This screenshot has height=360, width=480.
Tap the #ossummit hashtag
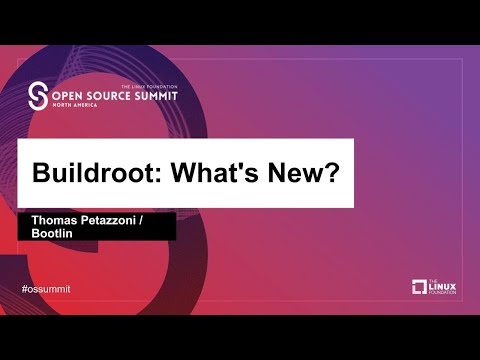[46, 289]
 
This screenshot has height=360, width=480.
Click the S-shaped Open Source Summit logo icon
[39, 96]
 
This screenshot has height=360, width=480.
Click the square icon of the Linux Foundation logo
[419, 287]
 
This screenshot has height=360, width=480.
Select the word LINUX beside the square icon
[444, 287]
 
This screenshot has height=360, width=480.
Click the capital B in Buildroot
[42, 171]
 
